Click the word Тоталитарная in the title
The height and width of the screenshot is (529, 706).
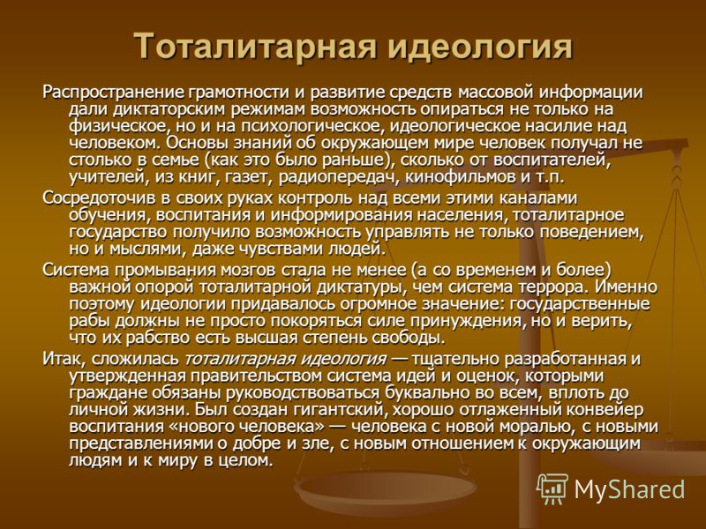255,46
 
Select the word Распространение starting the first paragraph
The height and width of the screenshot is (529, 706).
114,93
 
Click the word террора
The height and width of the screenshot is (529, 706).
554,287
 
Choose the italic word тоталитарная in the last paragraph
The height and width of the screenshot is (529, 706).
237,360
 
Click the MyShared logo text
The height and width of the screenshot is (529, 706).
629,489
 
